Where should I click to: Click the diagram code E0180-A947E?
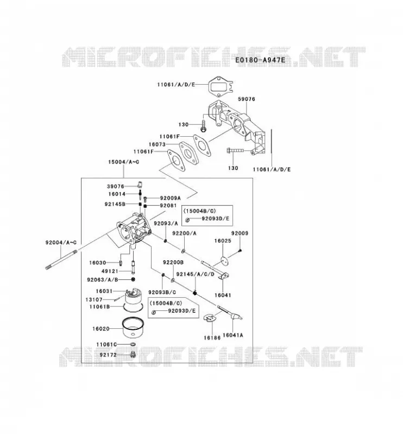tap(260, 60)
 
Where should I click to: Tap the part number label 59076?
tap(247, 99)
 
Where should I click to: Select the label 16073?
tap(157, 144)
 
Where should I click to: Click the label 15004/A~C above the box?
tap(124, 162)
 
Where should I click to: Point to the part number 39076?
tap(116, 186)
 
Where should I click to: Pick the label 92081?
tap(168, 206)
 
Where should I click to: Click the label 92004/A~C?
tap(61, 242)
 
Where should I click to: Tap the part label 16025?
tap(223, 240)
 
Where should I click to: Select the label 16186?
tap(212, 337)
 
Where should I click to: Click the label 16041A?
tap(233, 335)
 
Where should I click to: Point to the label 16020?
tap(101, 329)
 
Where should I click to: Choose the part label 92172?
tap(109, 355)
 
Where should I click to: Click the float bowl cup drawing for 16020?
tap(133, 328)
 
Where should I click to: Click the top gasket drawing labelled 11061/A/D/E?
tap(221, 85)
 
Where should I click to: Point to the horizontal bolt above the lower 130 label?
tap(235, 151)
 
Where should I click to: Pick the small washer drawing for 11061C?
tap(133, 344)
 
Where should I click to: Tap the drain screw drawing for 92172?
tap(133, 354)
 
